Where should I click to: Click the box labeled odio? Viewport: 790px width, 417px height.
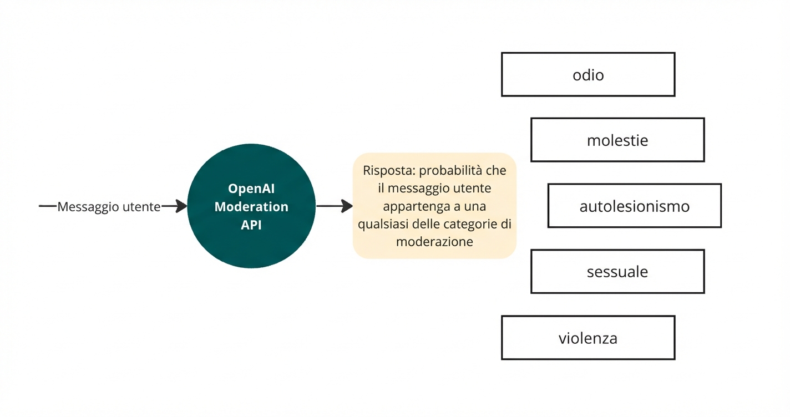(588, 74)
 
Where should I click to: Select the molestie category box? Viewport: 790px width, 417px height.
(617, 140)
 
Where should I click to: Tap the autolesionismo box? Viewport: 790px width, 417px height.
(634, 206)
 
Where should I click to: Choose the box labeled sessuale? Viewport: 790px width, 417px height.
(617, 272)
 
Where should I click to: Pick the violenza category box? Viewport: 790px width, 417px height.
(588, 338)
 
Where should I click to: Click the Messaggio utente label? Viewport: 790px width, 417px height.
(109, 207)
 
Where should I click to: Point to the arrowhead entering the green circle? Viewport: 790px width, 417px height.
(181, 206)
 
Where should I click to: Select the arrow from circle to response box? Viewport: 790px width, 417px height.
(334, 206)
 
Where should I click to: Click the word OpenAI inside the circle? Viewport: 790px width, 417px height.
(251, 189)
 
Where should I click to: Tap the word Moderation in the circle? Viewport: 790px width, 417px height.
(251, 207)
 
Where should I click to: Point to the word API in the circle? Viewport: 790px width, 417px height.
(251, 225)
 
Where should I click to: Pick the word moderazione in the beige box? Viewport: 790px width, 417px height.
(434, 242)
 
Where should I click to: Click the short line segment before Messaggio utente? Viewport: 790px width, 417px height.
(48, 206)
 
